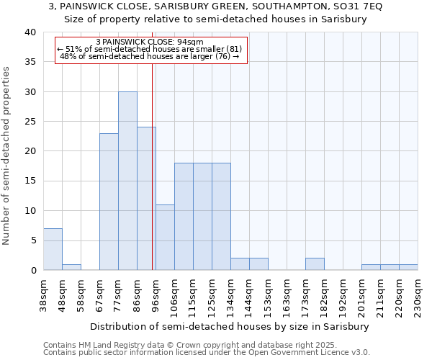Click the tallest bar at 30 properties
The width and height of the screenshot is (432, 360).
click(127, 181)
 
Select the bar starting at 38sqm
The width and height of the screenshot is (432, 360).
click(53, 249)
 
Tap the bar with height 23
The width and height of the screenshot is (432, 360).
click(109, 202)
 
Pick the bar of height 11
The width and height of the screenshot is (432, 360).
click(165, 237)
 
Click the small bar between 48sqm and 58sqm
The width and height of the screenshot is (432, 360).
click(71, 267)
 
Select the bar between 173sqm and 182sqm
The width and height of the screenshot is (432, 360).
click(315, 264)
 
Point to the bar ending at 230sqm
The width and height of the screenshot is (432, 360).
click(408, 267)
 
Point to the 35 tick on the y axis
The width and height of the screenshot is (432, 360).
click(30, 62)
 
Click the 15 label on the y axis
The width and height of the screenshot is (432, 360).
click(30, 181)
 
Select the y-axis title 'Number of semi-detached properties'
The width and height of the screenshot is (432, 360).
click(7, 156)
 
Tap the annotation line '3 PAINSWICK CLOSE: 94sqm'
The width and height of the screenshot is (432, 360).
click(150, 42)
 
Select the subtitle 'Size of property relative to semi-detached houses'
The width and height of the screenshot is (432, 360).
click(216, 19)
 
